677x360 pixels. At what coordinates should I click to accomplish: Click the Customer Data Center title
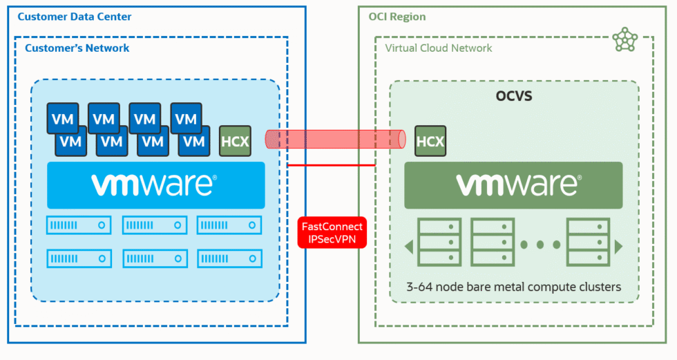tap(74, 17)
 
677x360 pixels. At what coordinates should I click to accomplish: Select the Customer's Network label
tap(77, 48)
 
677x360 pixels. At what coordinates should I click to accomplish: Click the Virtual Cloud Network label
tap(438, 48)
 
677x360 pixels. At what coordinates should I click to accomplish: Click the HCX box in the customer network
tap(235, 142)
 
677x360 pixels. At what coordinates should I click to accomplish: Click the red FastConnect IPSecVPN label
tap(332, 233)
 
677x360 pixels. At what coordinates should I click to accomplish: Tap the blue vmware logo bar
tap(155, 185)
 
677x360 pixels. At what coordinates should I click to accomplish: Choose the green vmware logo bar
tap(513, 184)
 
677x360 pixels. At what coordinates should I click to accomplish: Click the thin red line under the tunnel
tap(332, 165)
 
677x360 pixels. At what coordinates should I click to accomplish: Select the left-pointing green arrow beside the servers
tap(409, 246)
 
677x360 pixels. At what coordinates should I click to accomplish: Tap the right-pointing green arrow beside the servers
tap(618, 246)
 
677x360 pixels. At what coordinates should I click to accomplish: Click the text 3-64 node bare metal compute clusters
tap(513, 286)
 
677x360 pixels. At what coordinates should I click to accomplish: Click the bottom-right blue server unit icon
tap(229, 258)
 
